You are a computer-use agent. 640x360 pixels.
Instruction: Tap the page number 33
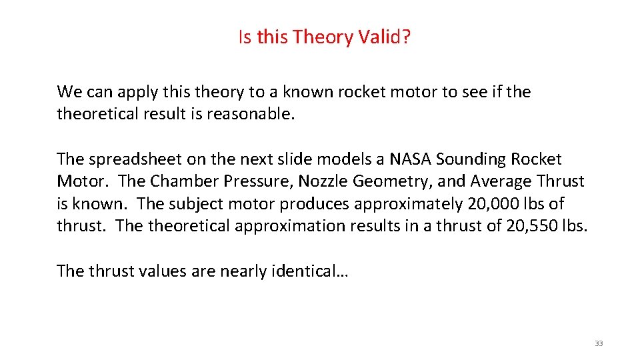[x=598, y=343]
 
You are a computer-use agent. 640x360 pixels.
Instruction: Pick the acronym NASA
[x=410, y=159]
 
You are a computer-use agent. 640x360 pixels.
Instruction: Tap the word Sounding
[x=471, y=159]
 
